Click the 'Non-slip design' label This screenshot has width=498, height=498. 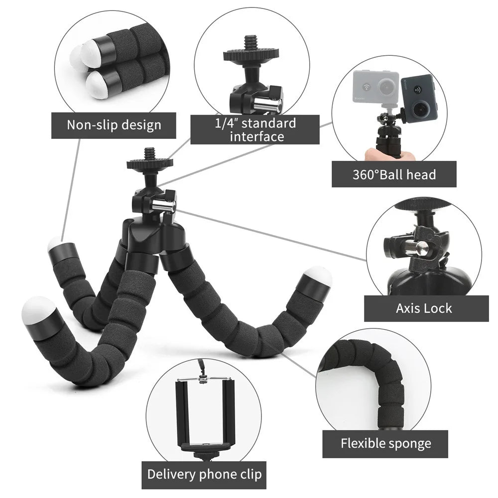coord(114,124)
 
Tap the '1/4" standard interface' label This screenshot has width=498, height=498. coord(255,129)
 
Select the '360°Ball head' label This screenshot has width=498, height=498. coord(394,174)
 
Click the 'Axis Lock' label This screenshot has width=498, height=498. coord(424,308)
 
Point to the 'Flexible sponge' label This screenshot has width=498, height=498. coord(385,443)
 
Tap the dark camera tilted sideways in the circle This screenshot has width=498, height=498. coord(418,98)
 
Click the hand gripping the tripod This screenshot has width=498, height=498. coord(389,154)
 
